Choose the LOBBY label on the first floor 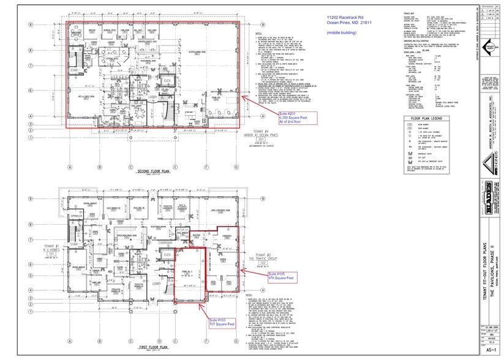(156, 284)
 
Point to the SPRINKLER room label (75, 217)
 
